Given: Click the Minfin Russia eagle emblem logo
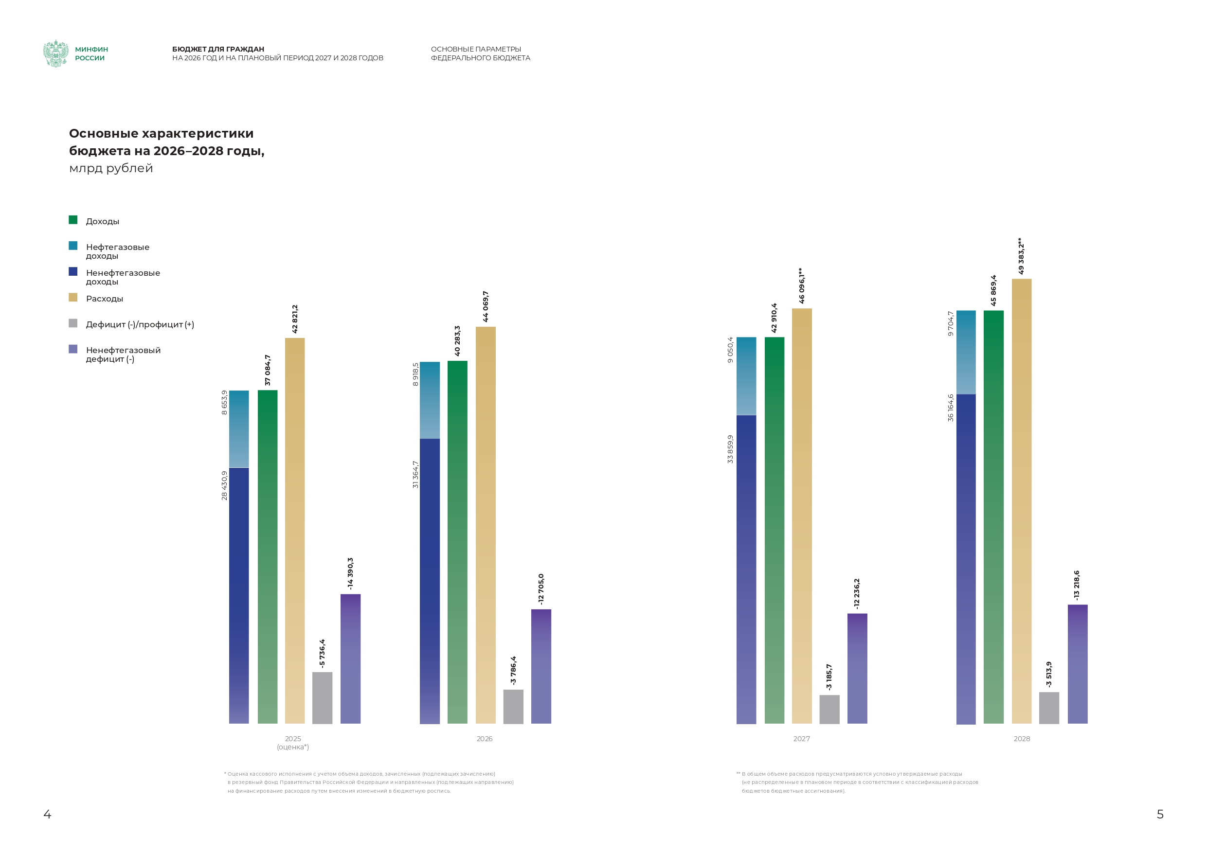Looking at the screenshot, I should [56, 53].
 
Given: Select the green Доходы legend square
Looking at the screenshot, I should [73, 220].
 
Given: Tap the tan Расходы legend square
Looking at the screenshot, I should [73, 298].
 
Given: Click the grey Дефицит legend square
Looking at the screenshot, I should [73, 323].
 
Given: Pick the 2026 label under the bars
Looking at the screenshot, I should [484, 739].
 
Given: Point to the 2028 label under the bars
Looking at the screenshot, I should [1022, 739].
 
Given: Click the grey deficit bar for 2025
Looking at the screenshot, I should [322, 697].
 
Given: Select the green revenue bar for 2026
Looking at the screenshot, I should [457, 541].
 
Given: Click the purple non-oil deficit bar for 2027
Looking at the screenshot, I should [857, 668].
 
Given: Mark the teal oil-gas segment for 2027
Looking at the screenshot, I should [746, 376].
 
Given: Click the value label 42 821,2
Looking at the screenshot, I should [295, 319].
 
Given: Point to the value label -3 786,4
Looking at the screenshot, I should [513, 670].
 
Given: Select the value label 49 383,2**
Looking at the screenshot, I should [1021, 256].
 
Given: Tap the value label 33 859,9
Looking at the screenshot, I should [730, 449].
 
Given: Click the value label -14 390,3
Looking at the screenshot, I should [350, 573].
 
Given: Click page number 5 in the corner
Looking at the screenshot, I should [1160, 814].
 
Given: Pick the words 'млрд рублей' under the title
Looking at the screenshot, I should [111, 168].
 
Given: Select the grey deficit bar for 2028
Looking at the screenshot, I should [1049, 708].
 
